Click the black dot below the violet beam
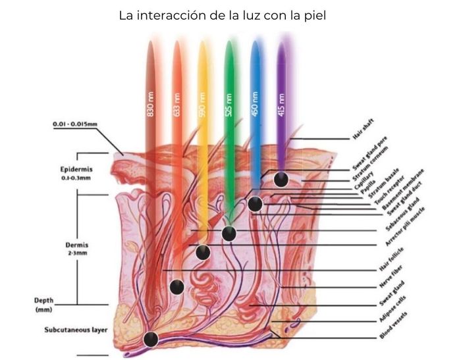pyautogui.click(x=281, y=180)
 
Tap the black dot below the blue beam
pyautogui.click(x=256, y=205)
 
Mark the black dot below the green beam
pyautogui.click(x=229, y=234)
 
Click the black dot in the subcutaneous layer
pyautogui.click(x=151, y=340)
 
